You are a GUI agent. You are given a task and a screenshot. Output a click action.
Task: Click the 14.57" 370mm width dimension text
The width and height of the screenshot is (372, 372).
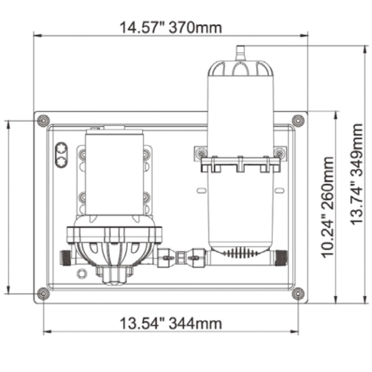pos(171,27)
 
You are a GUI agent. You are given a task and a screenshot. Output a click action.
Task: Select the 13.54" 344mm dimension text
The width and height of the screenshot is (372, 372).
pos(171,323)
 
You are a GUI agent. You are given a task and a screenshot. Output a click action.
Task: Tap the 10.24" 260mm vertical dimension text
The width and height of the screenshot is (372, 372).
pos(327,207)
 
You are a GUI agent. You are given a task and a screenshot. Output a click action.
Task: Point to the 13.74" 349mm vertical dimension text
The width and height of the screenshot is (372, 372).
pos(356,174)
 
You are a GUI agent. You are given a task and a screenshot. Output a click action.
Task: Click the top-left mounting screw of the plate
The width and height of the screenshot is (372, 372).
pos(43,121)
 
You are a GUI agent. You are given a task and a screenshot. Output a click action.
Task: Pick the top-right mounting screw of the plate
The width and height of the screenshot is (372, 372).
pos(298,121)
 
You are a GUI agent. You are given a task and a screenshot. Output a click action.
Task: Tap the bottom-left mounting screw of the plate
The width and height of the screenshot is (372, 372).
pos(43,294)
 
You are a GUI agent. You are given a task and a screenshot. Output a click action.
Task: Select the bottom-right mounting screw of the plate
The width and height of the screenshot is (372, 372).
pos(298,294)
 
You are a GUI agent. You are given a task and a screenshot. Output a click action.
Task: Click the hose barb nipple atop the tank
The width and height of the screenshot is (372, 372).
pos(240,53)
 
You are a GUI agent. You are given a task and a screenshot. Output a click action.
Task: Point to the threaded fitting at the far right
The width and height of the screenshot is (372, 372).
pos(281,258)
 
